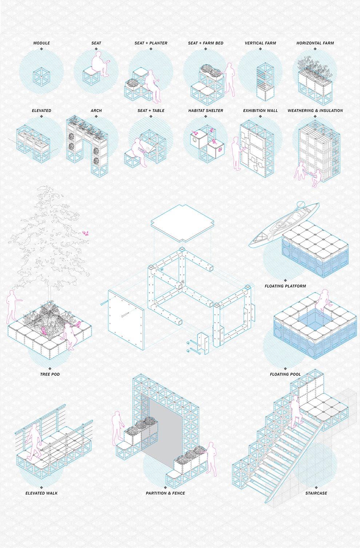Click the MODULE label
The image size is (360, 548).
pyautogui.click(x=41, y=43)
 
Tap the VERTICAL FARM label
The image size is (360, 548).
pyautogui.click(x=260, y=43)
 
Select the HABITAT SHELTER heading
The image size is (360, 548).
pyautogui.click(x=205, y=111)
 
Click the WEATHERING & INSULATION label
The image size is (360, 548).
pyautogui.click(x=315, y=111)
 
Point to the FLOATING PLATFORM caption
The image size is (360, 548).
pyautogui.click(x=285, y=286)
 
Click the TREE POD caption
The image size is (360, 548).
pyautogui.click(x=50, y=374)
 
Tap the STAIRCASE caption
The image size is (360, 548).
pyautogui.click(x=316, y=493)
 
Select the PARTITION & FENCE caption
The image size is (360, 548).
pyautogui.click(x=165, y=493)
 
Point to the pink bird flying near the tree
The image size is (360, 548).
pyautogui.click(x=86, y=233)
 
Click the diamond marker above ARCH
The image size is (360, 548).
pyautogui.click(x=96, y=116)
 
